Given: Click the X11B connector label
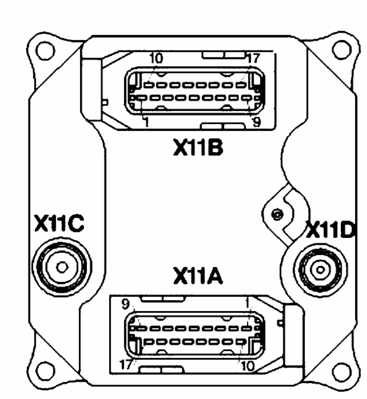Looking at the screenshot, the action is point(198,147).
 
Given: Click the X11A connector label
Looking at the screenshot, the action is point(198,276).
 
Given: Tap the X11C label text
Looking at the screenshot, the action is point(59,224).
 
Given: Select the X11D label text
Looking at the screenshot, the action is point(330,230).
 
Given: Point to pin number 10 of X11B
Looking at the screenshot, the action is point(156,58).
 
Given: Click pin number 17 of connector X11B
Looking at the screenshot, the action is point(253,58).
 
